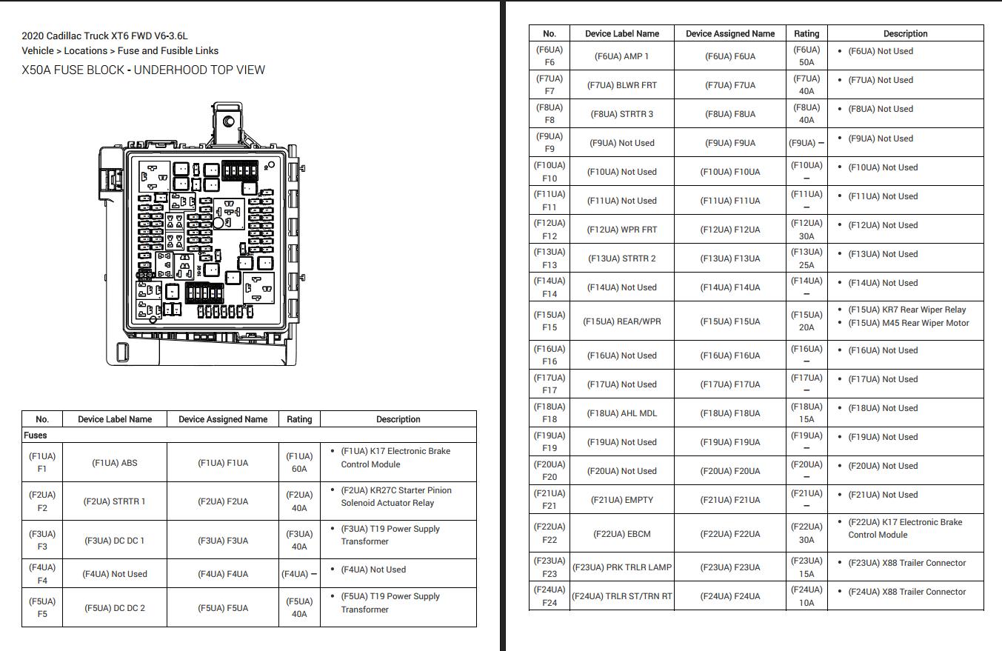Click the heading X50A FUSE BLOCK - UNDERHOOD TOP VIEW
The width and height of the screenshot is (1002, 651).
pos(143,70)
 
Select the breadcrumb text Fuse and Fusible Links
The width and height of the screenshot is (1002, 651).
pos(168,51)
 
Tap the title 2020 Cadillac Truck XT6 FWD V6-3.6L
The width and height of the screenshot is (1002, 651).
pos(104,36)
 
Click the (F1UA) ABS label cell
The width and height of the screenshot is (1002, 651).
pos(115,463)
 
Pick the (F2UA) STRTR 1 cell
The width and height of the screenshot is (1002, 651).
pos(115,501)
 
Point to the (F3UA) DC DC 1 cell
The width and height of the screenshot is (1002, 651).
pos(115,541)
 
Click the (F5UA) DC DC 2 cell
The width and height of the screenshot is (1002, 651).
pos(115,608)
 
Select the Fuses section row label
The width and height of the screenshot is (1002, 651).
pos(36,435)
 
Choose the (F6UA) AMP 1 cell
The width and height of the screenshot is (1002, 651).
pos(621,56)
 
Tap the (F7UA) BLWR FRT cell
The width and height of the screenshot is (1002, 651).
pos(621,85)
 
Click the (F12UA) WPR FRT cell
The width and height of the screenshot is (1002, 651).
pos(621,230)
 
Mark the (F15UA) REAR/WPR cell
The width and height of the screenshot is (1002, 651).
pos(621,321)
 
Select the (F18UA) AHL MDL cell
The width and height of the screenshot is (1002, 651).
pos(621,413)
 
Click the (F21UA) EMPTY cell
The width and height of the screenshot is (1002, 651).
pos(621,500)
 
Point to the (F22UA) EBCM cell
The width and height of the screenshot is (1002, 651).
pos(621,534)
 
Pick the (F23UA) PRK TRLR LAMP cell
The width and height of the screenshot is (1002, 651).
pos(621,567)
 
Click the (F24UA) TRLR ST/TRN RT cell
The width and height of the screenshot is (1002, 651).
pos(621,596)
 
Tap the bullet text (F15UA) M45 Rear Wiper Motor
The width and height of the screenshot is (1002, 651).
pos(908,323)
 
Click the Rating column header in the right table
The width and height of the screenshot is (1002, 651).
pos(806,33)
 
